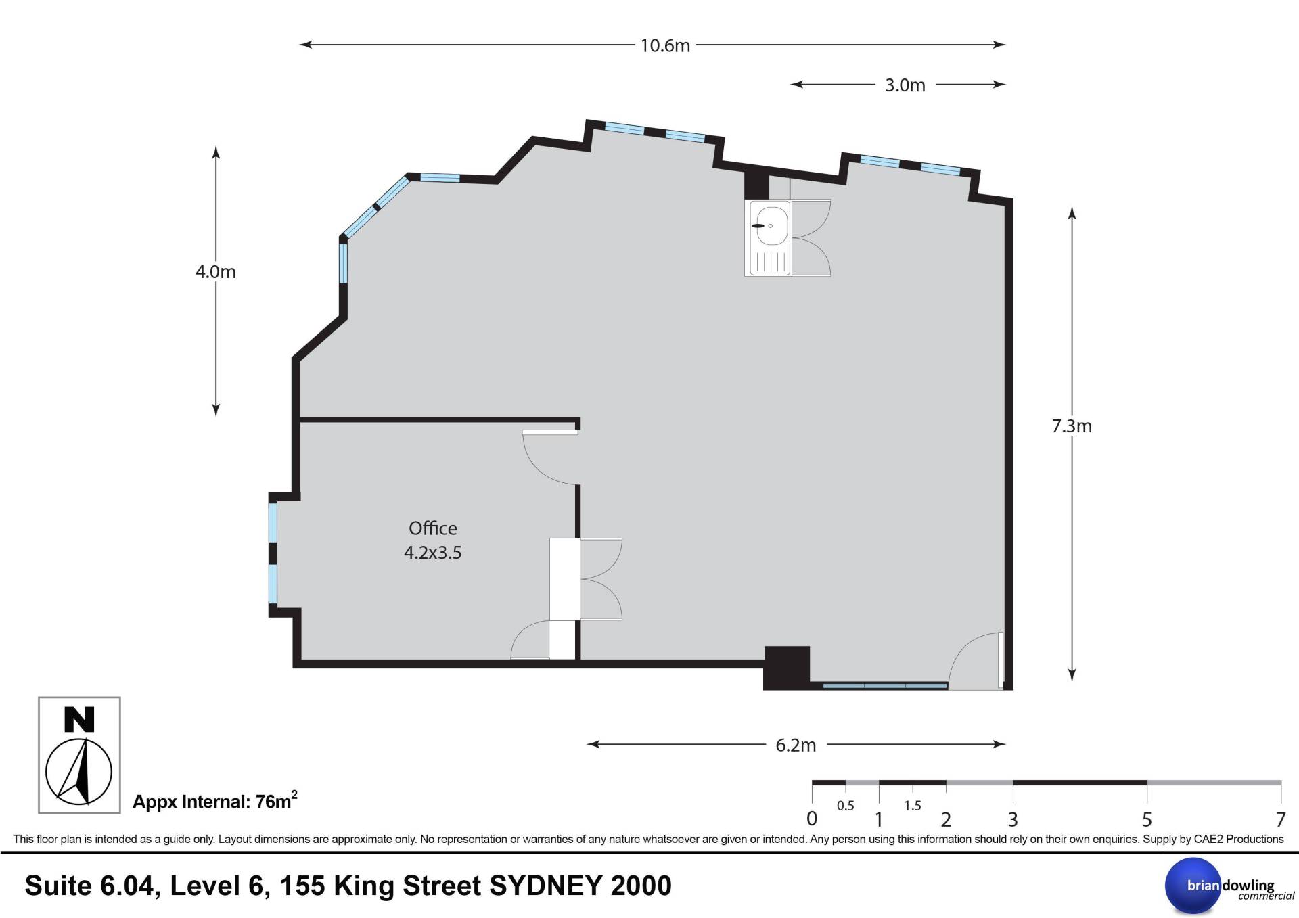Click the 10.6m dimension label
(x=665, y=45)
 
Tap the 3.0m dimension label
(x=905, y=85)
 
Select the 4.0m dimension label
(x=216, y=272)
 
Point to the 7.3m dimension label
(x=1072, y=426)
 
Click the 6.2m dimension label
(x=796, y=745)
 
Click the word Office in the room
(x=433, y=528)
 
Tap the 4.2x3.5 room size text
(x=433, y=553)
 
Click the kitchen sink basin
(x=771, y=226)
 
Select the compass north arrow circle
(x=78, y=771)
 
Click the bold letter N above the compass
(x=79, y=720)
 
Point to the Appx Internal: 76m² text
(x=215, y=801)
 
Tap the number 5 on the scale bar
(x=1147, y=820)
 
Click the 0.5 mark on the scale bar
(x=846, y=806)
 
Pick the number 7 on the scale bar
(x=1280, y=820)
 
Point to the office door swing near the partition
(x=550, y=457)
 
